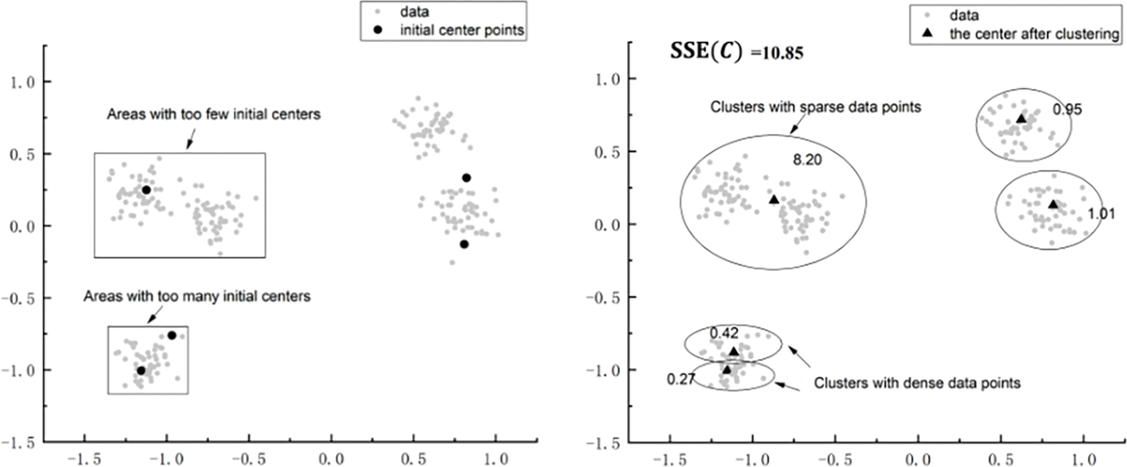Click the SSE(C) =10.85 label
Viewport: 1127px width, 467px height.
click(736, 53)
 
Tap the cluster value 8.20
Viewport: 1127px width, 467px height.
click(807, 159)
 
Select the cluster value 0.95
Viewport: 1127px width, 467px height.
click(1067, 109)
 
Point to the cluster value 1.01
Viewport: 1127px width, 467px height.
click(1101, 214)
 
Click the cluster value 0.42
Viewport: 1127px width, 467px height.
click(723, 333)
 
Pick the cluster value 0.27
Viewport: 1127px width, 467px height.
click(680, 379)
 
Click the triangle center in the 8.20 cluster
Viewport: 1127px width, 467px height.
click(773, 200)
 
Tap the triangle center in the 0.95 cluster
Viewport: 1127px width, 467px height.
click(1021, 119)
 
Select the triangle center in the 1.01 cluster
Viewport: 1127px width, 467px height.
click(1053, 204)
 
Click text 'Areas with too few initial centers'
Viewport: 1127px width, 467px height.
click(214, 114)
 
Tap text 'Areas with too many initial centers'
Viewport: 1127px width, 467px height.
click(196, 296)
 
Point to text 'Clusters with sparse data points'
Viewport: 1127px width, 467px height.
click(815, 107)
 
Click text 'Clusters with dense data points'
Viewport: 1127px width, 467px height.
click(916, 383)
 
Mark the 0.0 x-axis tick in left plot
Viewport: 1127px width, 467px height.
click(331, 459)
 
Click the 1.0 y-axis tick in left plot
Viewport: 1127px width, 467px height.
click(22, 82)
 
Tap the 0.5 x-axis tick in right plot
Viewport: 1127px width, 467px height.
click(1000, 459)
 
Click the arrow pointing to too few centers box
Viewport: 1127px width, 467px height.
click(190, 140)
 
